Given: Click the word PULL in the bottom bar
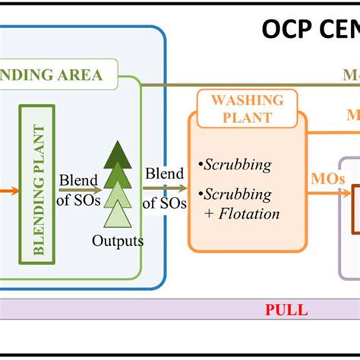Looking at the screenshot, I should click(x=286, y=309).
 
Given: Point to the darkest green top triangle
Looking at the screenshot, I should click(x=118, y=154).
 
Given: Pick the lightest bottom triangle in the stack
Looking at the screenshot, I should click(x=118, y=216).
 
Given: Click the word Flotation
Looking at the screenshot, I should click(x=248, y=213).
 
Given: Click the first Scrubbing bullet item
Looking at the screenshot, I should click(x=238, y=164).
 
